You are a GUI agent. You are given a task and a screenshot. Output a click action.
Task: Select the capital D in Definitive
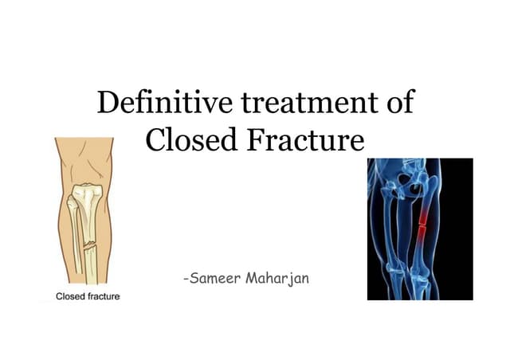106,104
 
